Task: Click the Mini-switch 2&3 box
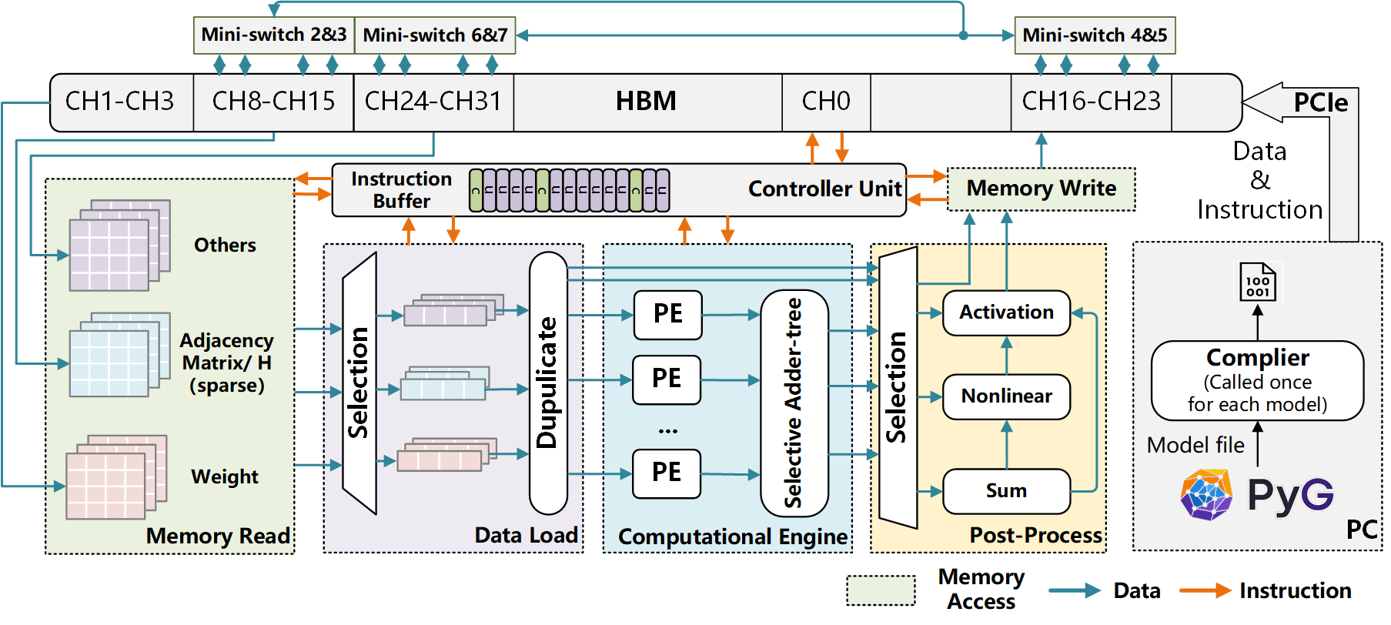tap(273, 35)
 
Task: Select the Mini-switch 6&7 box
tap(435, 35)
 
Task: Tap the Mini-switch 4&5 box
tap(1095, 35)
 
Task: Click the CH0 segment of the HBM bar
tap(826, 102)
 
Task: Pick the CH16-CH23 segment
tap(1091, 102)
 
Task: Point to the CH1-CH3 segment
tap(120, 102)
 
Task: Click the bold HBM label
tap(646, 102)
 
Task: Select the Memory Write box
tap(1041, 189)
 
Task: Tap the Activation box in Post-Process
tap(1006, 312)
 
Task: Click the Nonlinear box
tap(1006, 396)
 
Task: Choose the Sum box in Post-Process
tap(1006, 491)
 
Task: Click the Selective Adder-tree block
tap(794, 403)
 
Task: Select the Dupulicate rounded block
tap(548, 383)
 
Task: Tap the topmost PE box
tap(667, 314)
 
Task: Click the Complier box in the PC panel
tap(1257, 380)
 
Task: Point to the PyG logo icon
tap(1206, 495)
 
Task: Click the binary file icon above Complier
tap(1257, 282)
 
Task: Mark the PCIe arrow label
tap(1320, 103)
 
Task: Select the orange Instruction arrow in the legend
tap(1205, 590)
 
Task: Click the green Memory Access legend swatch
tap(881, 590)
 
